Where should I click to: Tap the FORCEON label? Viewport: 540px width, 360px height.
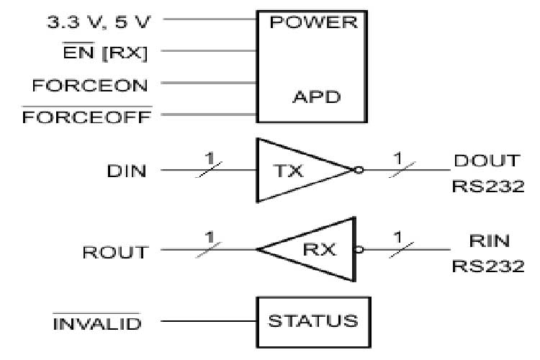(x=89, y=85)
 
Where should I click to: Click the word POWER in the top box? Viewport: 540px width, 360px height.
(x=312, y=22)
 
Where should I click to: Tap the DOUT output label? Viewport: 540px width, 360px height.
(x=487, y=161)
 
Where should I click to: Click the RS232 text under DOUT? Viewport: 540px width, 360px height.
(x=487, y=186)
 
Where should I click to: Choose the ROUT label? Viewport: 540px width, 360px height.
(x=115, y=252)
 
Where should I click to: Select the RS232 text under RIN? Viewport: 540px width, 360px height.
(x=487, y=266)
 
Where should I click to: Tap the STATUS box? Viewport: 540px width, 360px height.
(x=312, y=321)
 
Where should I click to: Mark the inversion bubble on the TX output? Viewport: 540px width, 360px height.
(x=358, y=171)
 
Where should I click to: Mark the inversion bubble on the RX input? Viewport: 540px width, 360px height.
(x=358, y=251)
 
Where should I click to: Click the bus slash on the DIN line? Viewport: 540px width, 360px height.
(x=210, y=170)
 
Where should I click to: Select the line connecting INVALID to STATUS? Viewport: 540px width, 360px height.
(x=210, y=321)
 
